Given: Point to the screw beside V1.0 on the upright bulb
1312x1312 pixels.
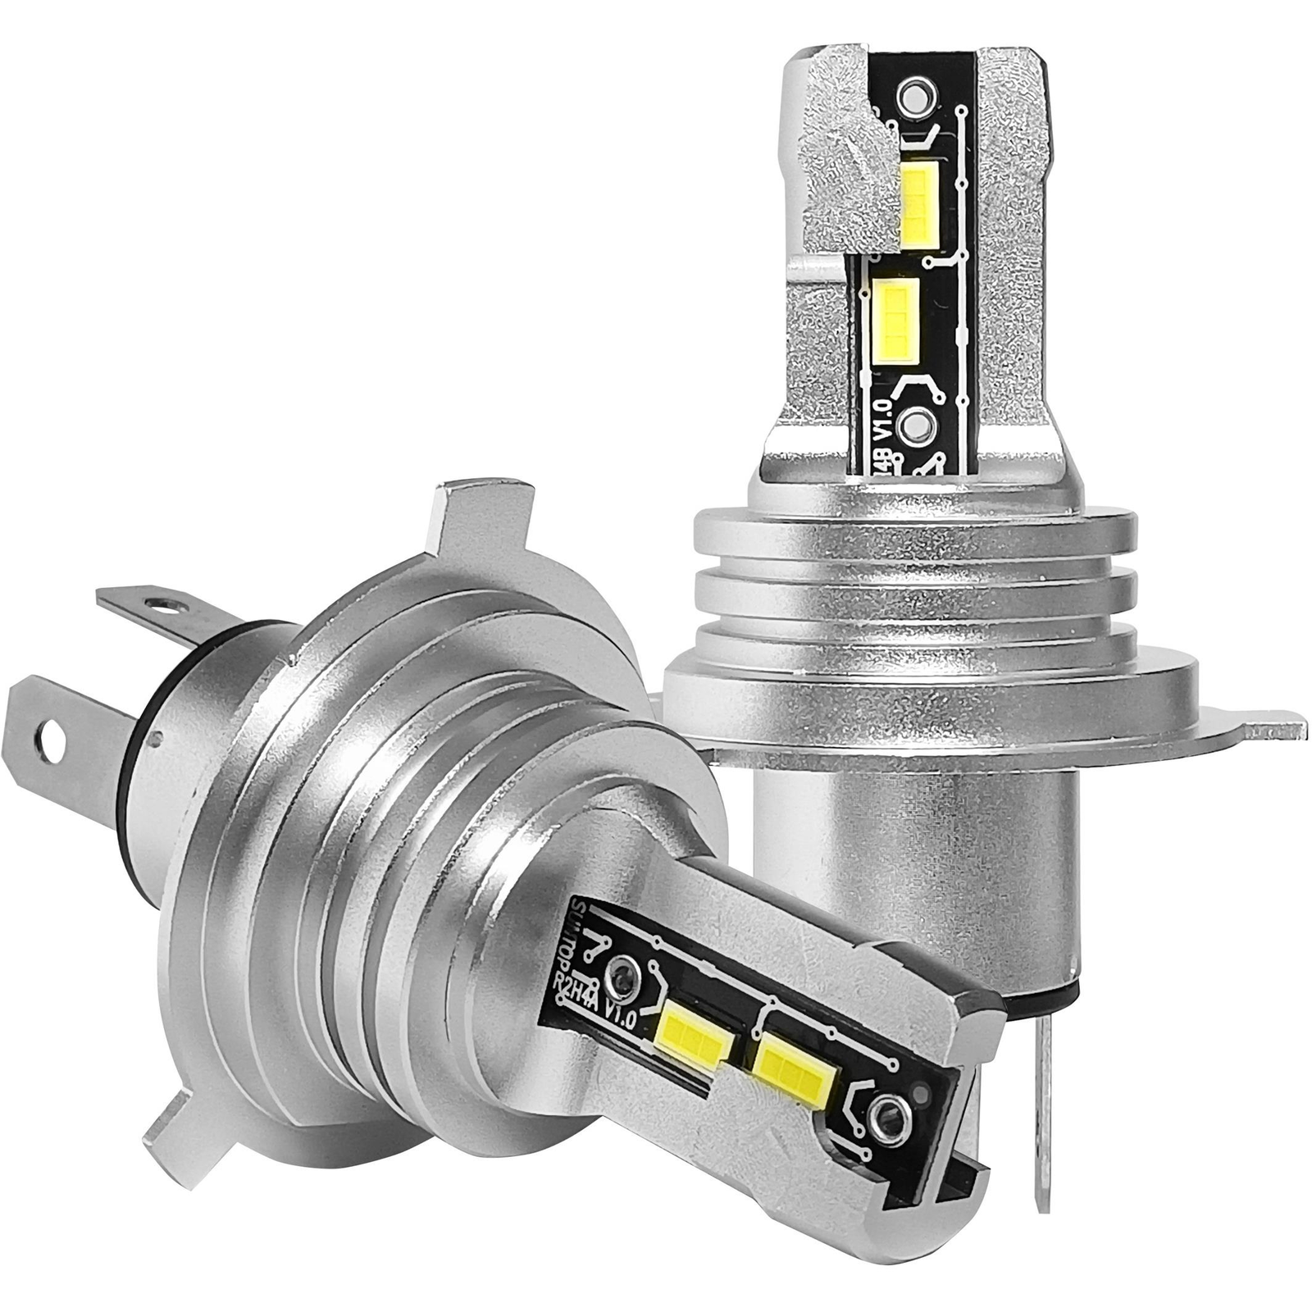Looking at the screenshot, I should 912,424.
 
